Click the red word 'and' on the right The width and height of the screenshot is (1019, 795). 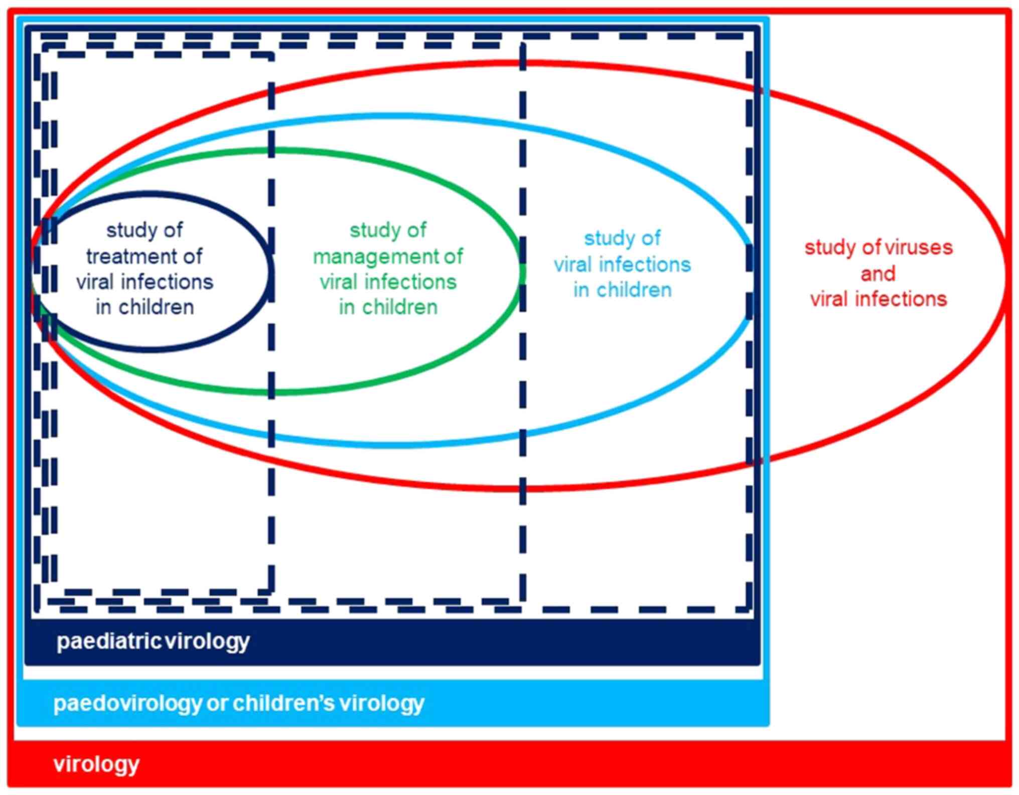878,274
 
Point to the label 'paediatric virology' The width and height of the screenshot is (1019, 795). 153,641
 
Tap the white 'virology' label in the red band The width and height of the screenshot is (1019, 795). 96,764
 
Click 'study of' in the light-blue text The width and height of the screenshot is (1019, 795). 622,238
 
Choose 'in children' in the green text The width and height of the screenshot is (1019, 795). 388,307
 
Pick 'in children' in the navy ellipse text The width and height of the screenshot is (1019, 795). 144,307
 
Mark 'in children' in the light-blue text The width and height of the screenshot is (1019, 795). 622,290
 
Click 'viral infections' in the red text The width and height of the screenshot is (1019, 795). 879,299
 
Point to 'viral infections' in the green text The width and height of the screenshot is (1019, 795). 388,282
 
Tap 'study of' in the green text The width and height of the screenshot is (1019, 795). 388,230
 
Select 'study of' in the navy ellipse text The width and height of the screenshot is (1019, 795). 144,230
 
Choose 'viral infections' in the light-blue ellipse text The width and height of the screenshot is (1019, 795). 622,264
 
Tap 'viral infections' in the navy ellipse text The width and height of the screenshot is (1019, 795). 144,282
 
